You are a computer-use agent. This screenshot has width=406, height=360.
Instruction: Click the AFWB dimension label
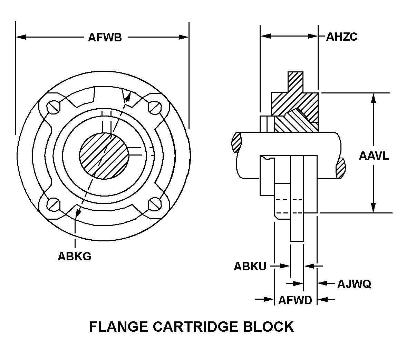pyautogui.click(x=105, y=37)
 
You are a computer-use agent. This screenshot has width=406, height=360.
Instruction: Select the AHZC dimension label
pyautogui.click(x=342, y=37)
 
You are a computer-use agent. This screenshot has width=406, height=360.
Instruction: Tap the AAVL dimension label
pyautogui.click(x=374, y=156)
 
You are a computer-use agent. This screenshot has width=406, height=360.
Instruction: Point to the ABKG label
pyautogui.click(x=74, y=257)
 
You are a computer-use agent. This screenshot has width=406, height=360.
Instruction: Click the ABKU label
pyautogui.click(x=250, y=267)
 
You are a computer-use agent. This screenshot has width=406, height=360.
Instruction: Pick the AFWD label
pyautogui.click(x=295, y=300)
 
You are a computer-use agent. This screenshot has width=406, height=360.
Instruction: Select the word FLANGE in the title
pyautogui.click(x=119, y=327)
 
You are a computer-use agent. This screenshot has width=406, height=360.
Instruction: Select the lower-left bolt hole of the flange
pyautogui.click(x=54, y=204)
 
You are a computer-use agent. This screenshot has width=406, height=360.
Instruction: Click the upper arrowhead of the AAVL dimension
pyautogui.click(x=373, y=98)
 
